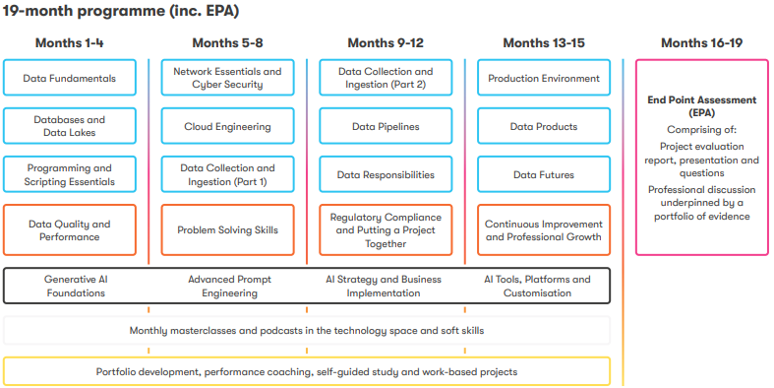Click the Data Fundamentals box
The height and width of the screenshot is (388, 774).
pyautogui.click(x=70, y=78)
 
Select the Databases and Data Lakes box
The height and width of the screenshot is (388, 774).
pyautogui.click(x=70, y=126)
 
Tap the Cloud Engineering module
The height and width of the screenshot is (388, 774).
pyautogui.click(x=227, y=126)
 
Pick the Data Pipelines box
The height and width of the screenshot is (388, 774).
pyautogui.click(x=386, y=126)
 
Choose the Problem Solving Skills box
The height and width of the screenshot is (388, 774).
pyautogui.click(x=227, y=229)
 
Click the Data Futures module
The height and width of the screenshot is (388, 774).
pyautogui.click(x=544, y=174)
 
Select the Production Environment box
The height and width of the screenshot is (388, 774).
pyautogui.click(x=544, y=78)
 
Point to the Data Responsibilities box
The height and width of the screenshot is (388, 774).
pyautogui.click(x=386, y=174)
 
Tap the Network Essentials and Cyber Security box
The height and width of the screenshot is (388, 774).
pyautogui.click(x=227, y=78)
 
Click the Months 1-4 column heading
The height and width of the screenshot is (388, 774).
pyautogui.click(x=70, y=43)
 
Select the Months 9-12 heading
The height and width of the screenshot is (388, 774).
pyautogui.click(x=386, y=43)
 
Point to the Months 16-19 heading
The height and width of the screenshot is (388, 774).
pyautogui.click(x=702, y=43)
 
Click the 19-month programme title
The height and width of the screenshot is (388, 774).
pyautogui.click(x=121, y=11)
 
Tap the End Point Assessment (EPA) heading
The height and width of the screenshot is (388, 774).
pyautogui.click(x=702, y=106)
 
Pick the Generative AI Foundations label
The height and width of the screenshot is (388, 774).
pyautogui.click(x=76, y=287)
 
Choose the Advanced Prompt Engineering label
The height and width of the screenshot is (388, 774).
pyautogui.click(x=229, y=287)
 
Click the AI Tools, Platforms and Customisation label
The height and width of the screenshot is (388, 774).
pyautogui.click(x=537, y=287)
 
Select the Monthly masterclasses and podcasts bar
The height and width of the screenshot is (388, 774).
pyautogui.click(x=307, y=330)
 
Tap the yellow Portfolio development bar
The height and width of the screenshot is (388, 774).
pyautogui.click(x=307, y=371)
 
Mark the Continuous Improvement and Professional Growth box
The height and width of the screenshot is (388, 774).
pyautogui.click(x=544, y=229)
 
